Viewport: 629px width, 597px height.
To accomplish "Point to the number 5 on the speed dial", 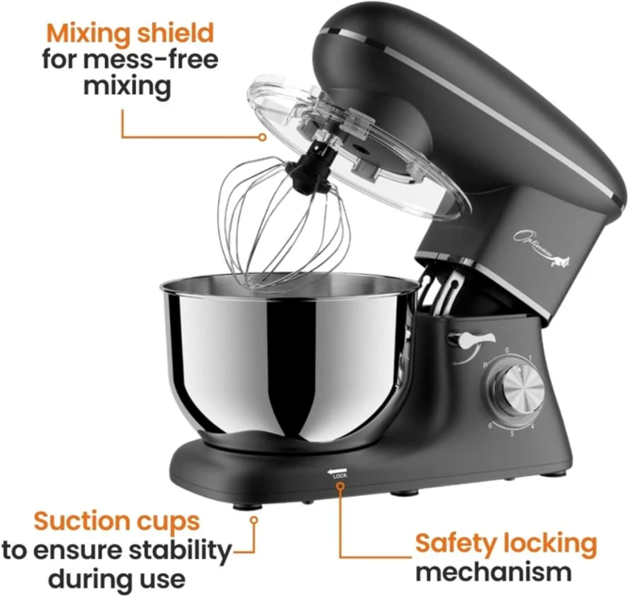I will (x=512, y=433).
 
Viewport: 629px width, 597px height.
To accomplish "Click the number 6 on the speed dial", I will (x=490, y=425).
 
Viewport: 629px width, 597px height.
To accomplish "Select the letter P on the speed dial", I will (x=485, y=365).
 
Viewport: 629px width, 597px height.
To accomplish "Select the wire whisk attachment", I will (x=285, y=222).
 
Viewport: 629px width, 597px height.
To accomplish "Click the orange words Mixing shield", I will (x=130, y=34).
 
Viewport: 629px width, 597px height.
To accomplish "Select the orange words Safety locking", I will (x=506, y=544).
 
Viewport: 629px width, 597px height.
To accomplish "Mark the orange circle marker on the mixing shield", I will (x=263, y=137).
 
